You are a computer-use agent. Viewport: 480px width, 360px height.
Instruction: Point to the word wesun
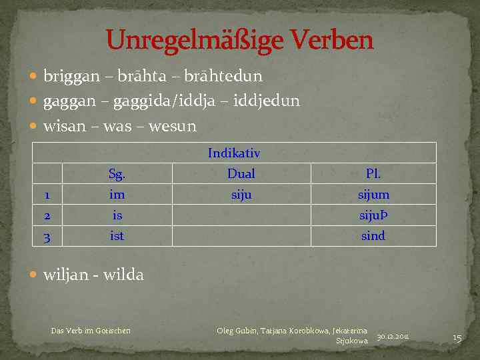pyautogui.click(x=174, y=126)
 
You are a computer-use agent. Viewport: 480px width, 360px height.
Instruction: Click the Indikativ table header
pyautogui.click(x=234, y=153)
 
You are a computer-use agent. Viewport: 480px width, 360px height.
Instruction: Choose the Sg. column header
pyautogui.click(x=117, y=175)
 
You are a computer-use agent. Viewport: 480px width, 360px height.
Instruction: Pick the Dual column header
pyautogui.click(x=241, y=174)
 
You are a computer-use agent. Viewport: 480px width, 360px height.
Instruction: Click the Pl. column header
pyautogui.click(x=373, y=175)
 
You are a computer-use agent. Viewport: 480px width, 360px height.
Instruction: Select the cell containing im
pyautogui.click(x=117, y=195)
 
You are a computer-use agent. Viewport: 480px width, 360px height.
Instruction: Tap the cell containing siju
pyautogui.click(x=241, y=195)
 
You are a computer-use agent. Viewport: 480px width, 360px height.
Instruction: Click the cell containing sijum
pyautogui.click(x=373, y=195)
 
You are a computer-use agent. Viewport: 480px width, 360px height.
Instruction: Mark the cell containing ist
pyautogui.click(x=117, y=235)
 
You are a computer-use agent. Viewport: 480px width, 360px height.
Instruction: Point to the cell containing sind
pyautogui.click(x=373, y=235)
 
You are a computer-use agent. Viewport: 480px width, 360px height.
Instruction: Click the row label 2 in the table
pyautogui.click(x=45, y=215)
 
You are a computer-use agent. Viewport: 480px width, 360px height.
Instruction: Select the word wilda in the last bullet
pyautogui.click(x=123, y=275)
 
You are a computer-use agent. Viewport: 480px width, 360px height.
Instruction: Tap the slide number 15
pyautogui.click(x=457, y=338)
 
